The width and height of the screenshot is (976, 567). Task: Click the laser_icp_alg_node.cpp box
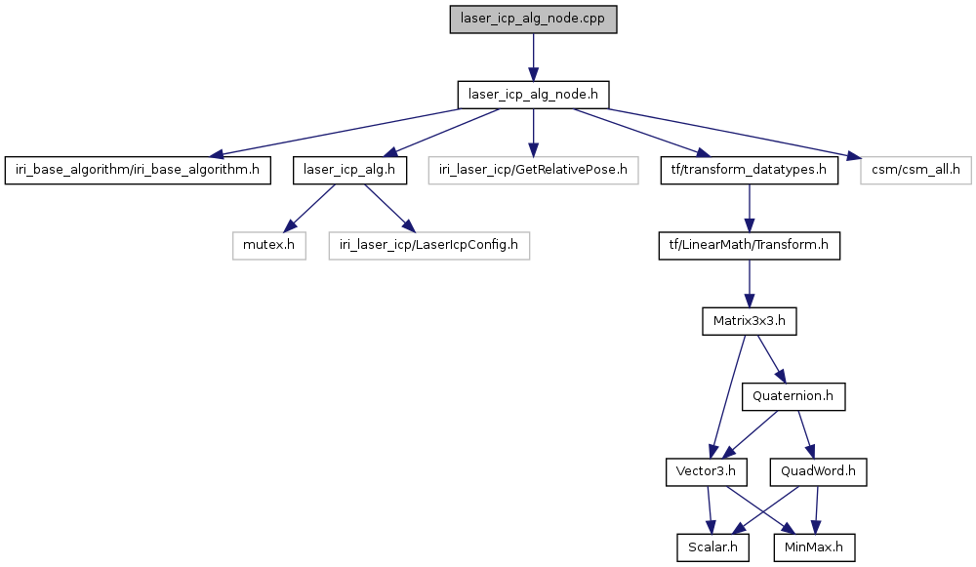pos(533,20)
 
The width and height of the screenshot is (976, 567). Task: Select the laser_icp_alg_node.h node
pos(533,95)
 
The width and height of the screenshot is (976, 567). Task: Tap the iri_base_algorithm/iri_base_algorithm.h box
pos(138,170)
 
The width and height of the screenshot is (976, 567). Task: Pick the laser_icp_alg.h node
pos(349,170)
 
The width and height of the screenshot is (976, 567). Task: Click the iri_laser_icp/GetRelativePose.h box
pos(533,170)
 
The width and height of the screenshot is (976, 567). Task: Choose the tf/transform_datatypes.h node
pos(749,170)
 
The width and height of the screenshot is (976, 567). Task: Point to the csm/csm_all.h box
pos(915,170)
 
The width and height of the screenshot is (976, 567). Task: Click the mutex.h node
pos(269,245)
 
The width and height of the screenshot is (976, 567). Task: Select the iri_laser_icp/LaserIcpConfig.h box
pos(428,245)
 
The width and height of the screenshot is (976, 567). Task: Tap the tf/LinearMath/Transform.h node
pos(749,245)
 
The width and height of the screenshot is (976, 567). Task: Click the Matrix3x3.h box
pos(749,321)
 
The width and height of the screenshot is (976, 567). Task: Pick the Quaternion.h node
pos(793,396)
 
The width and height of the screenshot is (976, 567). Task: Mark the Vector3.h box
pos(706,471)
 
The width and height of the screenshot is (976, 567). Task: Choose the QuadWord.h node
pos(818,471)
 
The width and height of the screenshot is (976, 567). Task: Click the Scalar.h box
pos(712,547)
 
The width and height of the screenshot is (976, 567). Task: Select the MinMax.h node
pos(814,547)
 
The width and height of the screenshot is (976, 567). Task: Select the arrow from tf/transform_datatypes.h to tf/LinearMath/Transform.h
pos(749,208)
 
